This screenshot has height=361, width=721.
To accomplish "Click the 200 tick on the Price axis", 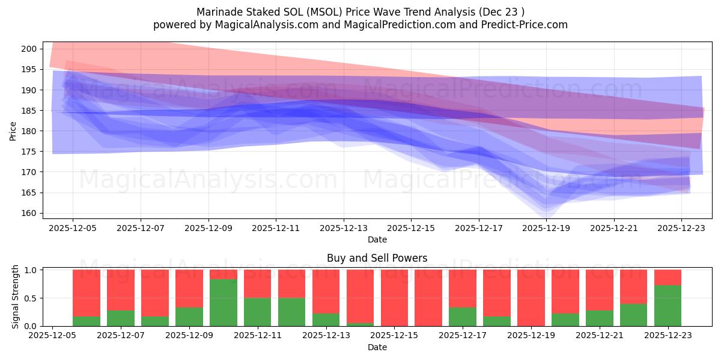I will pyautogui.click(x=32, y=49).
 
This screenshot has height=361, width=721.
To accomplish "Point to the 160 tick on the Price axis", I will pyautogui.click(x=32, y=213).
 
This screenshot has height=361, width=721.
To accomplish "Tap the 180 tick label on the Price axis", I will pyautogui.click(x=32, y=131).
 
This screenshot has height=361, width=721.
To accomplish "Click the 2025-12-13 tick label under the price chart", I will pyautogui.click(x=344, y=228).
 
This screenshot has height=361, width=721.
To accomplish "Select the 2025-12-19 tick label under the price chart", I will pyautogui.click(x=546, y=228).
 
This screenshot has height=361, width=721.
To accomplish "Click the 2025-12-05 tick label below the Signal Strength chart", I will pyautogui.click(x=52, y=336).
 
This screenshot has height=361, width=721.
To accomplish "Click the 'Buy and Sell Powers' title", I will pyautogui.click(x=377, y=258).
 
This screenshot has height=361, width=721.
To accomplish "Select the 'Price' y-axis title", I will pyautogui.click(x=13, y=130).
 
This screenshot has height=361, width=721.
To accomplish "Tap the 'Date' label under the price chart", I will pyautogui.click(x=377, y=239).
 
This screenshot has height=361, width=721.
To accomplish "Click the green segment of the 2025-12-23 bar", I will pyautogui.click(x=668, y=306).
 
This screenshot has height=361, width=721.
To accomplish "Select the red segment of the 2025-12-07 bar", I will pyautogui.click(x=121, y=289).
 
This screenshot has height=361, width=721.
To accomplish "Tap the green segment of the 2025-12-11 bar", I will pyautogui.click(x=258, y=312).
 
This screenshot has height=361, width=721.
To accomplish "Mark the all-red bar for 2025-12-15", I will pyautogui.click(x=394, y=298).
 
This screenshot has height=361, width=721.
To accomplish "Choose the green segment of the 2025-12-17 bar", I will pyautogui.click(x=463, y=316).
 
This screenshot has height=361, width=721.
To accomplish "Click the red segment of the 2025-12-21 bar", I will pyautogui.click(x=600, y=289).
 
